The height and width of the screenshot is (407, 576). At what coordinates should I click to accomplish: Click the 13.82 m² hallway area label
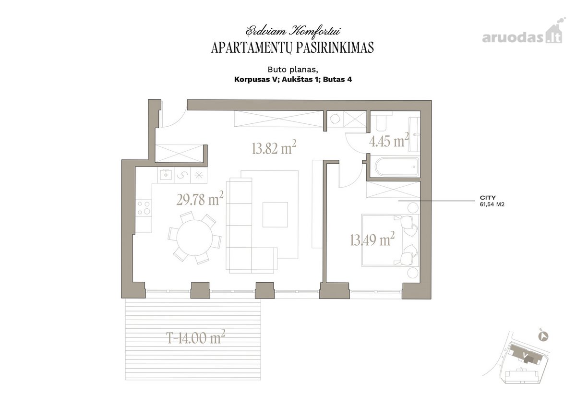(x=274, y=147)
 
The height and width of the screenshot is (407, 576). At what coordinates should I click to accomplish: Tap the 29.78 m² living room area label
(x=200, y=199)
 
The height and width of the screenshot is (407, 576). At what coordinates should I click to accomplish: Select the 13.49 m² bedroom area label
(x=372, y=239)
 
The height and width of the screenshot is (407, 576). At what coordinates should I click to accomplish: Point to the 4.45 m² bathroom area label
(x=389, y=140)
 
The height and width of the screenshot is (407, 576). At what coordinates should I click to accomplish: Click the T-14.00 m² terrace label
(x=196, y=337)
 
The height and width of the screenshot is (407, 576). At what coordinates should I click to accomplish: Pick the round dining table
(x=195, y=238)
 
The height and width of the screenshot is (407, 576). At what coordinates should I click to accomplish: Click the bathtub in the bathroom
(x=397, y=167)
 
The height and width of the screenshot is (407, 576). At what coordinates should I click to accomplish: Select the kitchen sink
(x=166, y=175)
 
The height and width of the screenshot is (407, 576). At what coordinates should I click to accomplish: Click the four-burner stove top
(x=144, y=208)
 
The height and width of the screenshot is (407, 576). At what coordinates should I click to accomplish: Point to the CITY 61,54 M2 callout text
(x=492, y=201)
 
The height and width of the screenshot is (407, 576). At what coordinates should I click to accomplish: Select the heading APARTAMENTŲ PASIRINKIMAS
(x=292, y=48)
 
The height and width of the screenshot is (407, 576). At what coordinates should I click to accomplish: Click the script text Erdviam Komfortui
(x=293, y=31)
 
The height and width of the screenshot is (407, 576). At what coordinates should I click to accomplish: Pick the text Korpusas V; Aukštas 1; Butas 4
(x=293, y=80)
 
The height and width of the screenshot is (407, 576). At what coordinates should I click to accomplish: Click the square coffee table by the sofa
(x=275, y=215)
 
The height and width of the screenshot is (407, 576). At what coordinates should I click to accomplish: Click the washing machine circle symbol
(x=335, y=119)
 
